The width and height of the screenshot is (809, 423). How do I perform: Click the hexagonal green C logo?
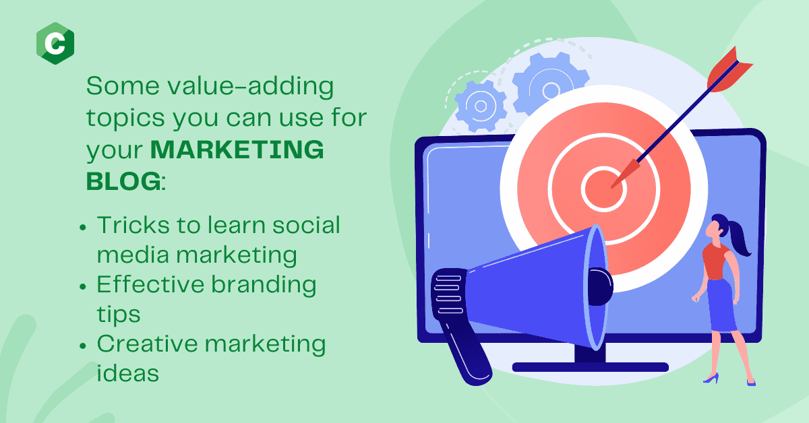[x=55, y=43]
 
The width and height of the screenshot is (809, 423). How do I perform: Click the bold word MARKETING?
[x=237, y=150]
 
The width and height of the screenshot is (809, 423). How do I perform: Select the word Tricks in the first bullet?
[x=131, y=225]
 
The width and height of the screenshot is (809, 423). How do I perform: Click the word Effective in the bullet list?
[x=150, y=284]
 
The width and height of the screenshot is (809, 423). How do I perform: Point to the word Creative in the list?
[x=148, y=344]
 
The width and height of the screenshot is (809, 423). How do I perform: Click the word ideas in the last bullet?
[x=128, y=373]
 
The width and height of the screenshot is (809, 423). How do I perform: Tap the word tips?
[x=119, y=315]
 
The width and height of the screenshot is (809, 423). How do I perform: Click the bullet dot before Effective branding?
[x=83, y=286]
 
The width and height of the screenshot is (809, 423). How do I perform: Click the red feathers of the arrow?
[x=727, y=70]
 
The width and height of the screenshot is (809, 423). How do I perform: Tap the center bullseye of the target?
[x=603, y=189]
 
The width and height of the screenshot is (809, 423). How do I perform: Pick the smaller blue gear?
[x=480, y=106]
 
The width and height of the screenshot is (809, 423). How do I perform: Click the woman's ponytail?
[x=739, y=238]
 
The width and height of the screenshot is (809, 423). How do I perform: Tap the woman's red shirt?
[x=715, y=261]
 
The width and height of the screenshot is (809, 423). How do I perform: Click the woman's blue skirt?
[x=721, y=305]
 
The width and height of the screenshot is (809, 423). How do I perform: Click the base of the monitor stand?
[x=590, y=367]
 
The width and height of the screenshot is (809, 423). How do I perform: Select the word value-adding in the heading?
[x=250, y=87]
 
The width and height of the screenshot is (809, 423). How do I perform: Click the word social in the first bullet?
[x=306, y=225]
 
